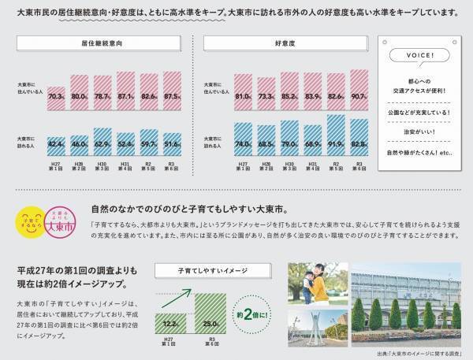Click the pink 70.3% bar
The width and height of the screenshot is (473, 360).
[57, 95]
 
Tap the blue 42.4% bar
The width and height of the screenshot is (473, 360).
[57, 143]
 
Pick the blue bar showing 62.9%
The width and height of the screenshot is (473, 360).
[103, 139]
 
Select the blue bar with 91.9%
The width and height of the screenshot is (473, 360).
[336, 135]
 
